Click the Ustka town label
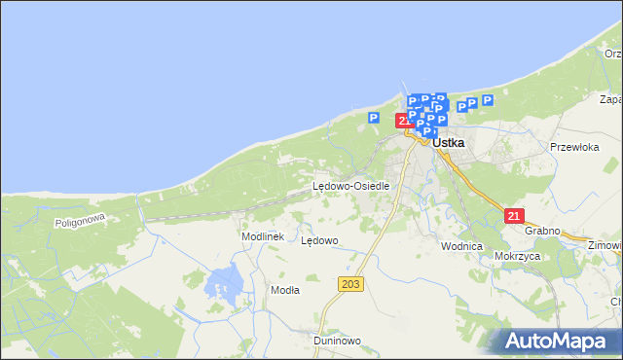448,142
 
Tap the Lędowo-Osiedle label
350,186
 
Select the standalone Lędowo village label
319,240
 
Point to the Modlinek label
262,236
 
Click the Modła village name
285,290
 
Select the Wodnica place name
461,246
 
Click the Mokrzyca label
517,256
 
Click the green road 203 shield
351,283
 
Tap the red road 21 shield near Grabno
516,216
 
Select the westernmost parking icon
373,118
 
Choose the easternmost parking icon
487,100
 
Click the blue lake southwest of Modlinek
226,282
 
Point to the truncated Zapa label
610,99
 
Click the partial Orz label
612,54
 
